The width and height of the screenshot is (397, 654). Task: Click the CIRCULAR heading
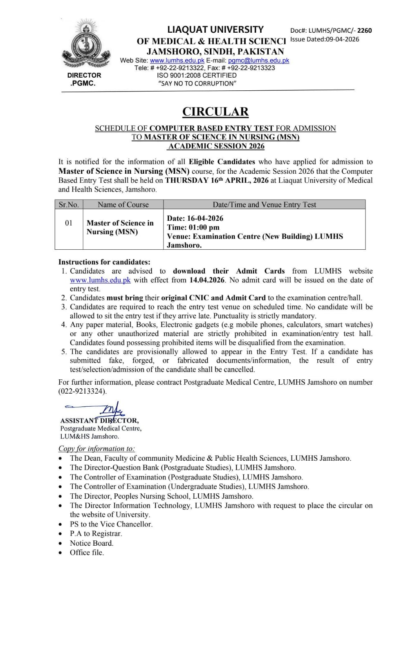[x=215, y=112]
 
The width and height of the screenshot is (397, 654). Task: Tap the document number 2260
[x=365, y=30]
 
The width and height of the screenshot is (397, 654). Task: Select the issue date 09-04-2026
[x=342, y=39]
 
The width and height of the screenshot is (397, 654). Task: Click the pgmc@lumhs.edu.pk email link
[x=258, y=60]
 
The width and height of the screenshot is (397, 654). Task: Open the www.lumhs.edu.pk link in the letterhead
[x=177, y=60]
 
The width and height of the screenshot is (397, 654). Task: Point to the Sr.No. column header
[x=69, y=204]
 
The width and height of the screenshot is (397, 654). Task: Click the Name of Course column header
[x=123, y=204]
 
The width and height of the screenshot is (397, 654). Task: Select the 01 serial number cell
[x=69, y=223]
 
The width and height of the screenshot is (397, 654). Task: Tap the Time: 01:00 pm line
[x=193, y=227]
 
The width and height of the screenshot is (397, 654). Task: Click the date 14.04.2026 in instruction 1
[x=207, y=280]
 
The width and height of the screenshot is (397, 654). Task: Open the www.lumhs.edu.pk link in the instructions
[x=100, y=280]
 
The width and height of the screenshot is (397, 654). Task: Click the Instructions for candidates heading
[x=104, y=262]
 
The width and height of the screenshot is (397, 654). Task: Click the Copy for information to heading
[x=96, y=448]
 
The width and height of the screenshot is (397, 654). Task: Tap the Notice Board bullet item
[x=92, y=543]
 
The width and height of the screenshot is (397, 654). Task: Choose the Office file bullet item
[x=87, y=553]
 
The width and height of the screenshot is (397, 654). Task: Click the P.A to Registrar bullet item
[x=96, y=533]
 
